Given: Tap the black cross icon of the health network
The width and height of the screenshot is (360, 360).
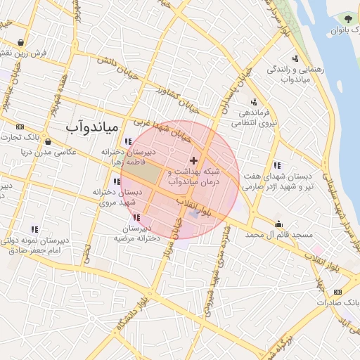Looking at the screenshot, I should [x=194, y=161].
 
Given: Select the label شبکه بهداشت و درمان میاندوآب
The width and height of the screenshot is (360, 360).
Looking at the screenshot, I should [x=195, y=176].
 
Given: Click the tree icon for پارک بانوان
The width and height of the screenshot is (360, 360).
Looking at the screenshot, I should [x=349, y=19].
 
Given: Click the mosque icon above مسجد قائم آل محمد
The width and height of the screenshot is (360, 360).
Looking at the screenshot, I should [x=280, y=224].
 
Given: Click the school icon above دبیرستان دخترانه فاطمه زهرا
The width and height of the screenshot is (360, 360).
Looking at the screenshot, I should [x=128, y=141].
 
